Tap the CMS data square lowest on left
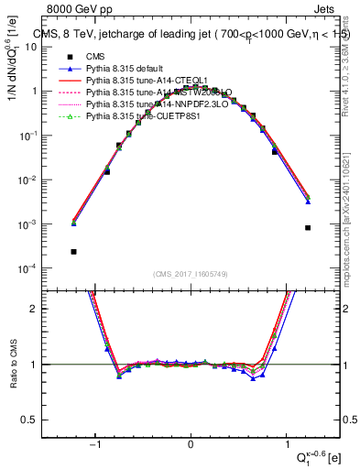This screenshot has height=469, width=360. coord(73,251)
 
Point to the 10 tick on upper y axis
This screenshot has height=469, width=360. coord(54,48)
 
